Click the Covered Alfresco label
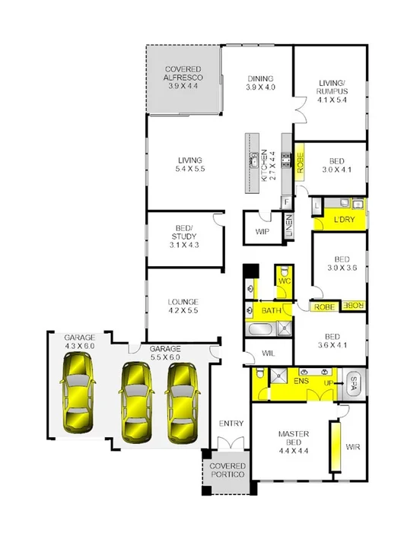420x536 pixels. click(x=183, y=78)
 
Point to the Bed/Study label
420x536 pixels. click(x=183, y=236)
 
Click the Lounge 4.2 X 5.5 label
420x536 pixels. click(x=183, y=306)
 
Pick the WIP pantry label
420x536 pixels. click(x=263, y=231)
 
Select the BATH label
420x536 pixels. click(x=271, y=312)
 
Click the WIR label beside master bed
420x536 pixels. click(x=352, y=447)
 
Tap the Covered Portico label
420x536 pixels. click(x=228, y=470)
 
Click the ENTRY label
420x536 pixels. click(x=230, y=423)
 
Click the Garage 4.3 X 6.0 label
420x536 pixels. click(x=78, y=341)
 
